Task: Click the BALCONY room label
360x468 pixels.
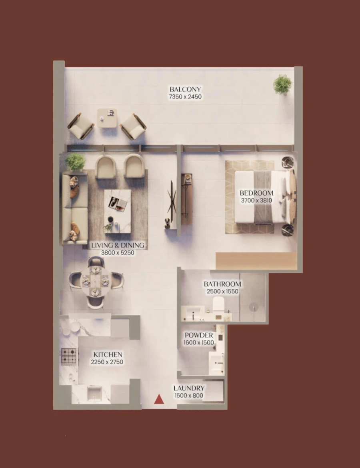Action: coord(185,89)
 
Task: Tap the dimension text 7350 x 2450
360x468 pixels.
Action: coord(185,97)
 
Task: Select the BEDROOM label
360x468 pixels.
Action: coord(256,193)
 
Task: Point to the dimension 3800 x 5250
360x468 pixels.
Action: coord(117,253)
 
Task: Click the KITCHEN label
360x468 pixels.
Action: coord(108,354)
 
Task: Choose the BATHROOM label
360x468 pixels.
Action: coord(222,284)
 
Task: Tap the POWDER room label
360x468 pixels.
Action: coord(199,335)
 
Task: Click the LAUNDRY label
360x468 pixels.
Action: coord(189,388)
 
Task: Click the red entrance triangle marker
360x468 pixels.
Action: coord(159,399)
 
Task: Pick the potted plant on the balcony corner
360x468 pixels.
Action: coord(282,84)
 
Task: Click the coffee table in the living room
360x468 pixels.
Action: coord(117,211)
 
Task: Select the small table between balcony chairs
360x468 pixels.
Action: coord(108,118)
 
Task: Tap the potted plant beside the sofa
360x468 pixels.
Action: coord(75,162)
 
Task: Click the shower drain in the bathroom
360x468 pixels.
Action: coord(253,307)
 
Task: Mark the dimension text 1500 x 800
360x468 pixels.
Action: coord(189,396)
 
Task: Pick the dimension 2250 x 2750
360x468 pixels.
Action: coord(108,362)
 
